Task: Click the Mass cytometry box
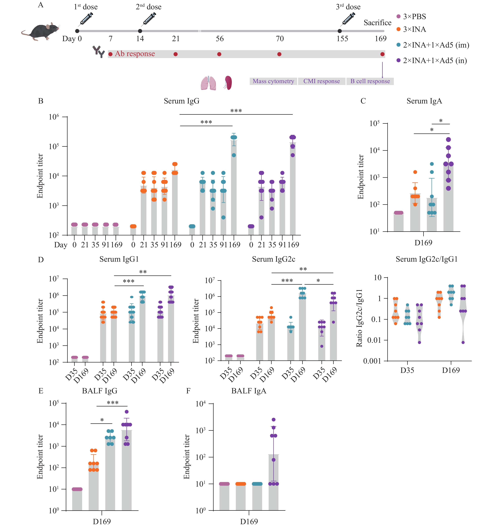273,81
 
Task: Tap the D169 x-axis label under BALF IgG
102,521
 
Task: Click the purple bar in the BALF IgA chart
273,482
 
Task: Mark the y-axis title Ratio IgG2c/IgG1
359,318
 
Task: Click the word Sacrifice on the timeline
377,23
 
